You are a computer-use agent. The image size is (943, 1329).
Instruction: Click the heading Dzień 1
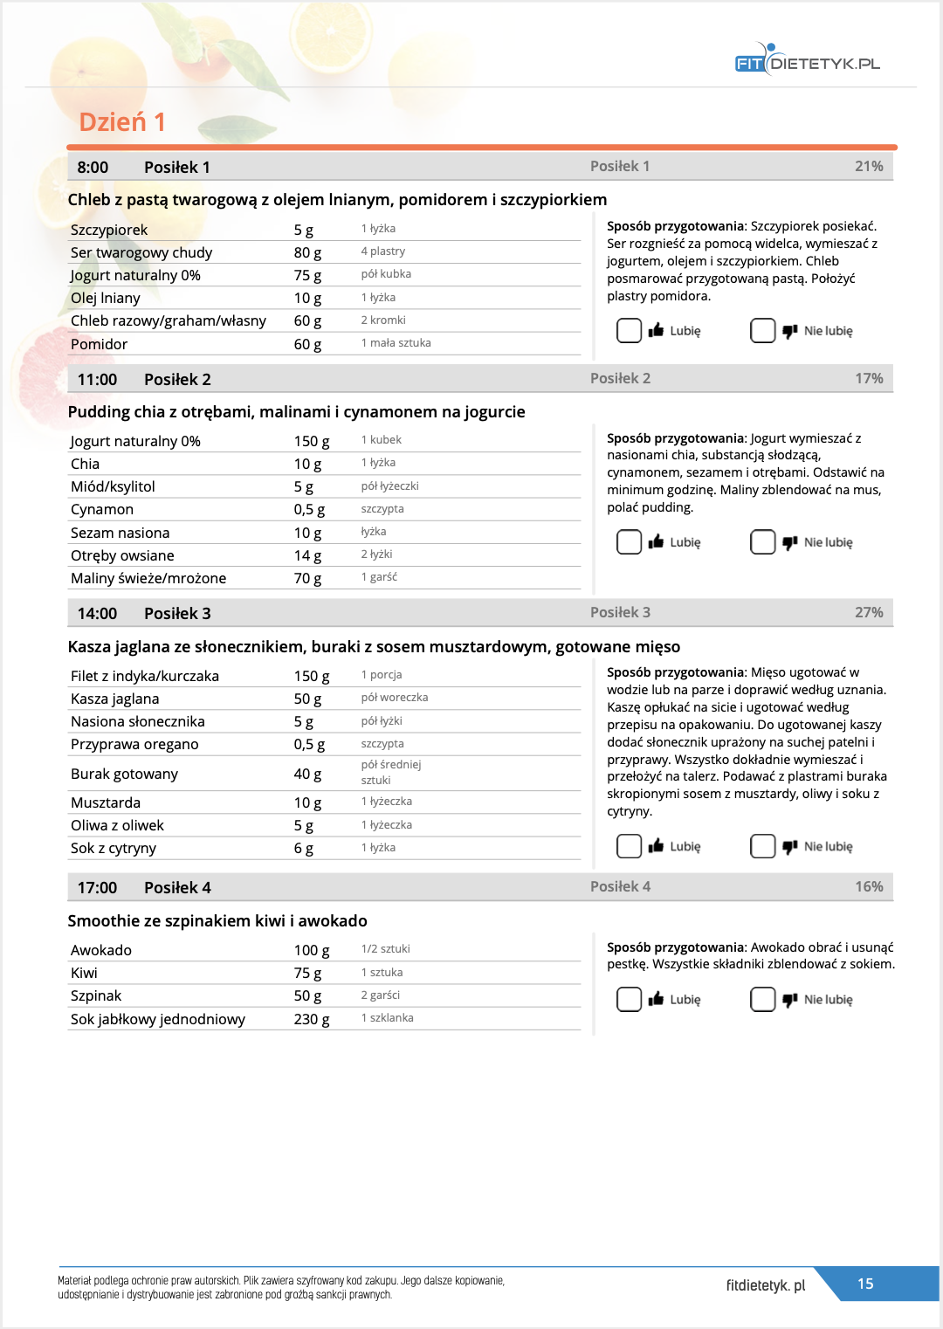tap(122, 122)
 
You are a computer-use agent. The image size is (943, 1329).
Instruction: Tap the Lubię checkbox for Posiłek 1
tap(629, 331)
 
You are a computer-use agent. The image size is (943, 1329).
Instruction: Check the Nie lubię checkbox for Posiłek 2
tap(762, 542)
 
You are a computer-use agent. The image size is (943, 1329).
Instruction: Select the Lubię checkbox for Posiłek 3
tap(629, 846)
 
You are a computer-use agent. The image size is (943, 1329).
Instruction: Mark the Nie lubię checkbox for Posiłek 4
tap(762, 999)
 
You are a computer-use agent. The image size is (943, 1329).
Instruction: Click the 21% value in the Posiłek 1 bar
tap(869, 166)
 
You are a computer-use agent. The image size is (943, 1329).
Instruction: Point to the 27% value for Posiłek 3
tap(869, 612)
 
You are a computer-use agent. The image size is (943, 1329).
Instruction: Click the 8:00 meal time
tap(93, 168)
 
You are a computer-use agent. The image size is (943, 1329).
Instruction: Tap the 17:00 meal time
tap(97, 887)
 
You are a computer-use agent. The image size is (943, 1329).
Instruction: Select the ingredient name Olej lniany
tap(106, 298)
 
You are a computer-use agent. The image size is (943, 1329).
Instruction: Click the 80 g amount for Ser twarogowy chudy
tap(307, 252)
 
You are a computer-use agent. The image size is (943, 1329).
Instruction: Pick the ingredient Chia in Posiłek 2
tap(86, 464)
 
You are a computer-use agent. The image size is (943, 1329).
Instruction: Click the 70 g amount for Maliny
tap(307, 578)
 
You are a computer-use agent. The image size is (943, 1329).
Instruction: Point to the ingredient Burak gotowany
tap(124, 774)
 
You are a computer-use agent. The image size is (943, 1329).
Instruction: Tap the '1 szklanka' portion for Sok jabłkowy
tap(388, 1018)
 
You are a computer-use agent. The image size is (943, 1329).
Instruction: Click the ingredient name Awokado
tap(101, 950)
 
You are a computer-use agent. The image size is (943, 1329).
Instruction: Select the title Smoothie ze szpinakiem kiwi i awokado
tap(217, 920)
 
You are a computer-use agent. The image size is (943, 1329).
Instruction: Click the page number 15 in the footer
tap(865, 1284)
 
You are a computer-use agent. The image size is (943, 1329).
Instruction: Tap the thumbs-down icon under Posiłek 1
tap(790, 331)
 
